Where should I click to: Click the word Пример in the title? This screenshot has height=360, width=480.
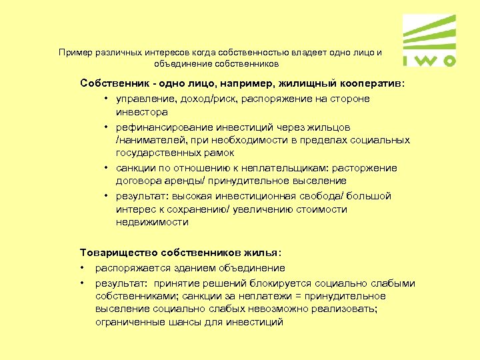pyautogui.click(x=74, y=52)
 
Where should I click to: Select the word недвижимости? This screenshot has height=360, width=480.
pyautogui.click(x=151, y=222)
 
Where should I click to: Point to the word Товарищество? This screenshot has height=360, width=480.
pyautogui.click(x=115, y=253)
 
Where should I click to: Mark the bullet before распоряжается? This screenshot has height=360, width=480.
pyautogui.click(x=83, y=268)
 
